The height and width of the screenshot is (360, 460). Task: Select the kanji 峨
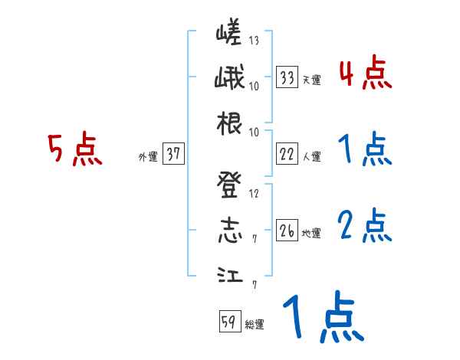pyautogui.click(x=229, y=79)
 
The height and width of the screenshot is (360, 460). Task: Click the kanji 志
pyautogui.click(x=229, y=231)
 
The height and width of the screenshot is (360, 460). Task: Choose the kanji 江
pyautogui.click(x=229, y=275)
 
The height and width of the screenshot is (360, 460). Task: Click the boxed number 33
pyautogui.click(x=287, y=77)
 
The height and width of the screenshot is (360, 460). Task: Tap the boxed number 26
pyautogui.click(x=287, y=231)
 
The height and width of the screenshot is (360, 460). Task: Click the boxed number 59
pyautogui.click(x=229, y=322)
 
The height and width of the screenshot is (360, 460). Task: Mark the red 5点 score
pyautogui.click(x=75, y=150)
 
